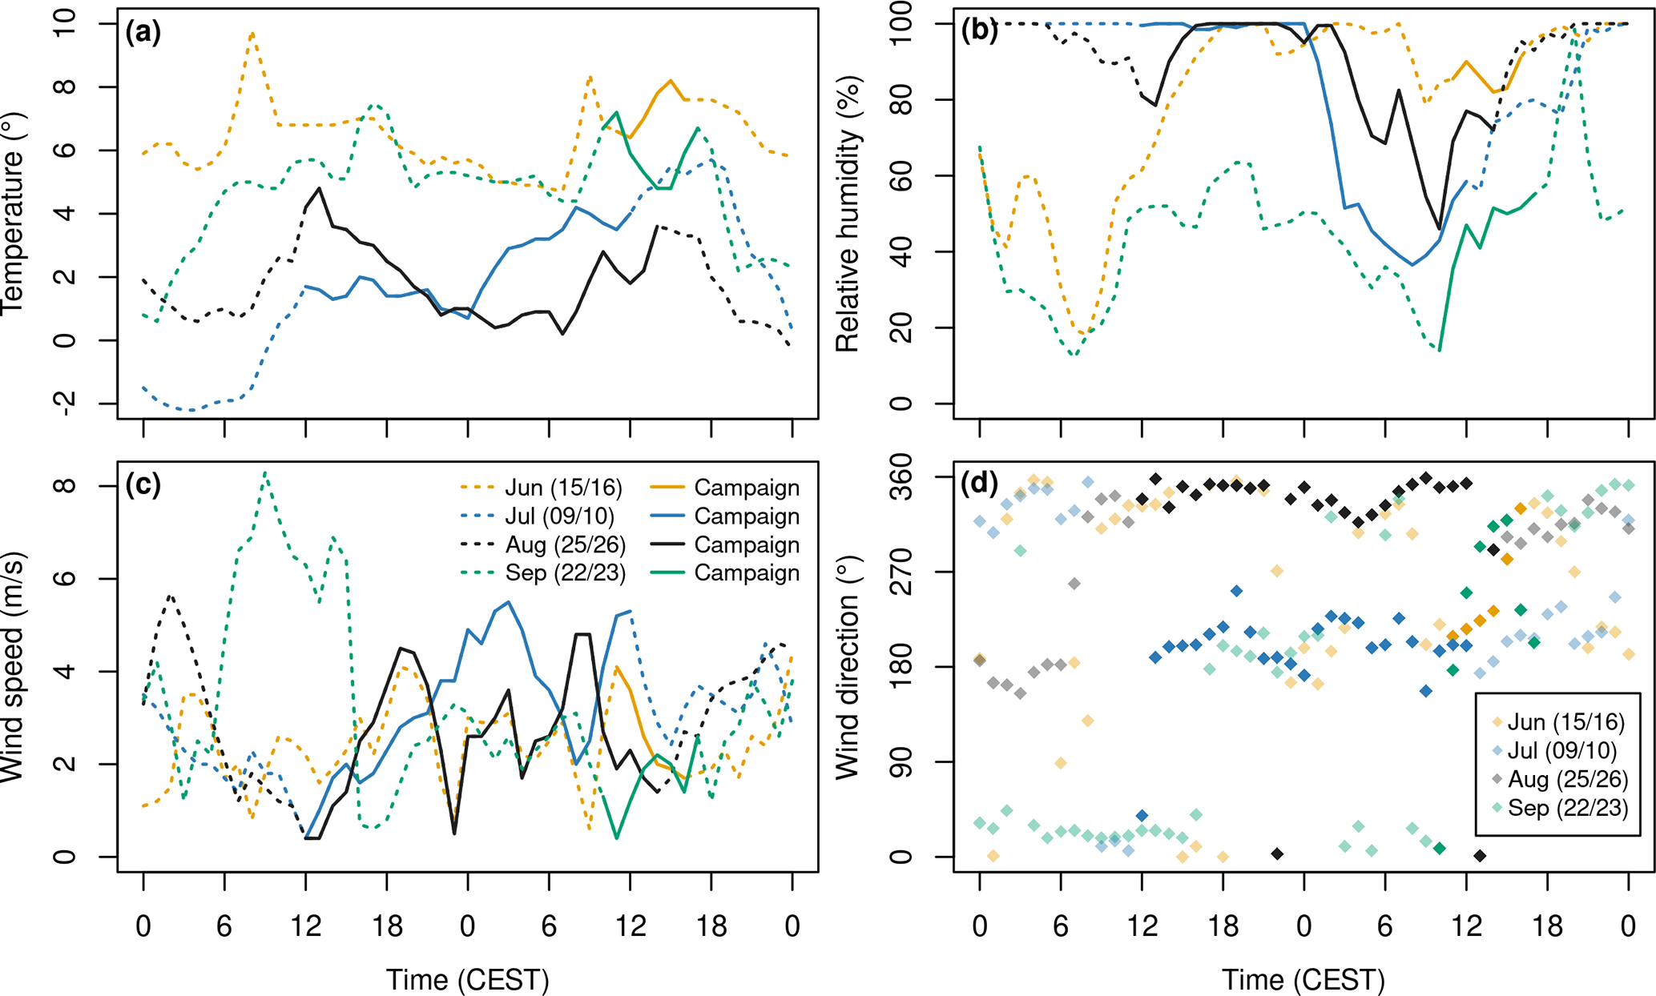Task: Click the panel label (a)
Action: (143, 33)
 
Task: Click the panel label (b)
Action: (979, 30)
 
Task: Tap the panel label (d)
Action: (979, 484)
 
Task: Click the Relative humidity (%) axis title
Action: (848, 215)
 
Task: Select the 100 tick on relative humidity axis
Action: (901, 24)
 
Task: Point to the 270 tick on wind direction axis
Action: (901, 572)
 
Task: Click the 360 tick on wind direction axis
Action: (901, 477)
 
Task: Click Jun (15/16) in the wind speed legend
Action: (563, 488)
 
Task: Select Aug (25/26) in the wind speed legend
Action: (565, 545)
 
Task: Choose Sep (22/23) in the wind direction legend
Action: (1567, 808)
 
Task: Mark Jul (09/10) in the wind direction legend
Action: (1561, 751)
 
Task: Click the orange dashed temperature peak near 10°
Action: (252, 34)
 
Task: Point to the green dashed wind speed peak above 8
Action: (266, 473)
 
